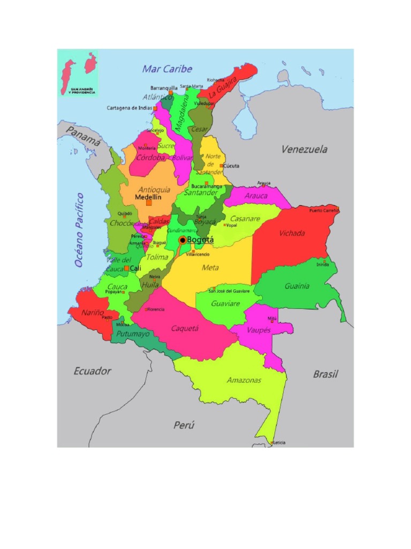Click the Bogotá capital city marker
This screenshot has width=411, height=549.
[x=182, y=240]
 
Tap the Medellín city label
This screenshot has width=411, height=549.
[x=148, y=197]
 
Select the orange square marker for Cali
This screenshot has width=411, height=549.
[x=126, y=268]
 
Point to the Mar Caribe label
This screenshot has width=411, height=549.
[x=167, y=69]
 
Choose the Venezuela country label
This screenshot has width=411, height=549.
[x=305, y=150]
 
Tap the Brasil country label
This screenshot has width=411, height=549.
[x=325, y=374]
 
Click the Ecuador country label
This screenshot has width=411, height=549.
[x=92, y=371]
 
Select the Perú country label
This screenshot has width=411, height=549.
[x=184, y=425]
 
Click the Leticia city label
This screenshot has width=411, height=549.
[x=279, y=442]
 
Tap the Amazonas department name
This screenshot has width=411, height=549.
[x=244, y=380]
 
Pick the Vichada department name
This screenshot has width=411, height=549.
[x=292, y=233]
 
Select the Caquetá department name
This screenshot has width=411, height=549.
[x=185, y=328]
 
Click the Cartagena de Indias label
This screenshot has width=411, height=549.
[x=129, y=108]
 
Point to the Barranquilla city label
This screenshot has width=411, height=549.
[x=163, y=87]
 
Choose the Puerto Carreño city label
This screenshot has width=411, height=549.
[x=324, y=210]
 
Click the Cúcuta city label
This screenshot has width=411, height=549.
[x=232, y=166]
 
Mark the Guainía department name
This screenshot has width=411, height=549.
[x=296, y=286]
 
